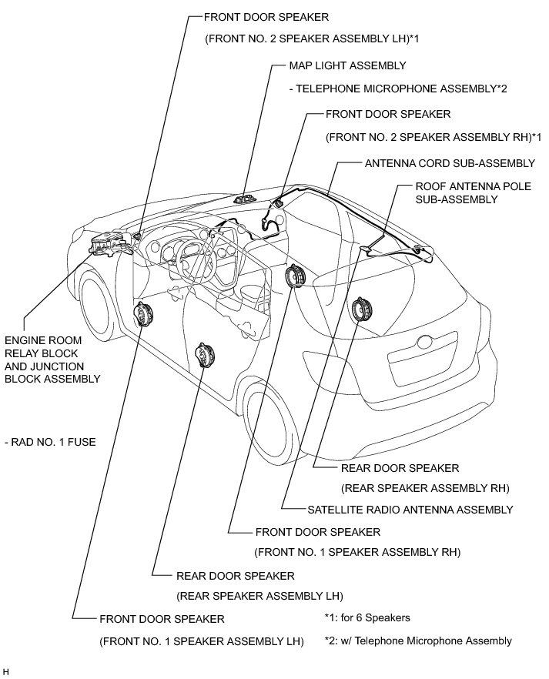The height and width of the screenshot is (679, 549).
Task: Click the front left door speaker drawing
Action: pos(144,314)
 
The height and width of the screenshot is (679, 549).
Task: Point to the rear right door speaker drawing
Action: pos(360,309)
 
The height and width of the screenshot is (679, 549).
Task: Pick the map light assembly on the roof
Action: pos(245,199)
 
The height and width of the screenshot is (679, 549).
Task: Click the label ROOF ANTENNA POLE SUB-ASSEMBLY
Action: pos(474,192)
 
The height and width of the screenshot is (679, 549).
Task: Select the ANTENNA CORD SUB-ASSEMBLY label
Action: pos(450,163)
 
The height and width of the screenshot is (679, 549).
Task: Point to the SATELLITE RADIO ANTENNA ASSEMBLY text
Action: pos(410,510)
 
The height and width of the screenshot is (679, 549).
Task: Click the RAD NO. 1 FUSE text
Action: pos(50,442)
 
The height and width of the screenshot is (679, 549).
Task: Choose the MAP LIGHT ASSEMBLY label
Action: pos(348,65)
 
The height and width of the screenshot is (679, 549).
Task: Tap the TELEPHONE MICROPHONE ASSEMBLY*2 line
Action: pos(398,89)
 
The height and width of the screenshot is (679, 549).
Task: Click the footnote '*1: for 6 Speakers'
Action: pos(367,617)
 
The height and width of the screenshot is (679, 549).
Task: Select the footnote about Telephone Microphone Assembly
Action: pos(418,641)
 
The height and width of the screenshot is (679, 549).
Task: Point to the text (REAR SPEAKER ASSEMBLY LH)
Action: pos(259,597)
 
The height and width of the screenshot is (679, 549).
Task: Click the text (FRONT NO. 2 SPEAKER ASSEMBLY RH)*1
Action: pos(434,137)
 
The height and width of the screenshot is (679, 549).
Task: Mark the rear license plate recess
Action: pos(423,358)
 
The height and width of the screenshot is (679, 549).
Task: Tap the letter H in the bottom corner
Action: pos(5,671)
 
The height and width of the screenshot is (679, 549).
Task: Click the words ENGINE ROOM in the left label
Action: pos(43,340)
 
